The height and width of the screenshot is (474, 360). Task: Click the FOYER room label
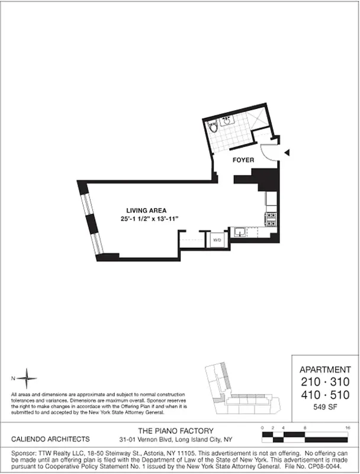(243, 159)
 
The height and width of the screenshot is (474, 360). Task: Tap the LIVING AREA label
(146, 210)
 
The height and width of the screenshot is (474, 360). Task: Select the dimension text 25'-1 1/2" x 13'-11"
(149, 219)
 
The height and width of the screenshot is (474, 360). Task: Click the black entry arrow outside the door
(288, 153)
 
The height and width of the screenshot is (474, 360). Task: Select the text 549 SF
(326, 407)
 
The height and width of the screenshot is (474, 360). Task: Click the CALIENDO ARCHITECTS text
(50, 440)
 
